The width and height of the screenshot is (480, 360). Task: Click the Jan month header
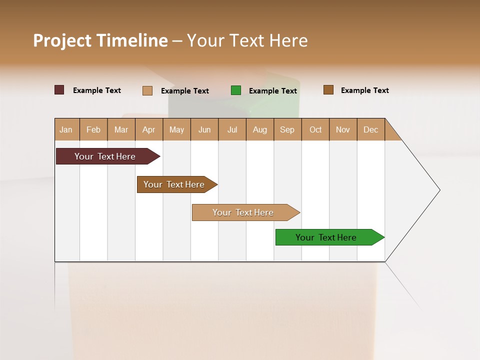[x=66, y=129]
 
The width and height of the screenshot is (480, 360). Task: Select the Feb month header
[x=93, y=129]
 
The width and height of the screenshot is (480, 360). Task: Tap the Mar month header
[x=121, y=129]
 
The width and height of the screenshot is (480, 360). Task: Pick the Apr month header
[x=149, y=129]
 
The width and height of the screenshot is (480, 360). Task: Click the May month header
[x=176, y=129]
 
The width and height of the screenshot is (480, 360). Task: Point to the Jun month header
[x=204, y=129]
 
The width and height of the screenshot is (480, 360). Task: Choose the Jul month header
[x=232, y=129]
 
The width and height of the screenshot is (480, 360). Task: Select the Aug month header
[x=260, y=129]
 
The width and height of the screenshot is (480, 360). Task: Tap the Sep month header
[x=287, y=129]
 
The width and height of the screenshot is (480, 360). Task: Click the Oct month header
[x=315, y=129]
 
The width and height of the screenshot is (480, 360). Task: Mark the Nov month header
[x=343, y=129]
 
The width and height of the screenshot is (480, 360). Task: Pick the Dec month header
[x=371, y=129]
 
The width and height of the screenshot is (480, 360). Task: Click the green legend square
[x=236, y=90]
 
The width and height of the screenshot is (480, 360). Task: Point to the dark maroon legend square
[x=59, y=90]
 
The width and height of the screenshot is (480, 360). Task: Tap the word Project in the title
[x=62, y=40]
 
